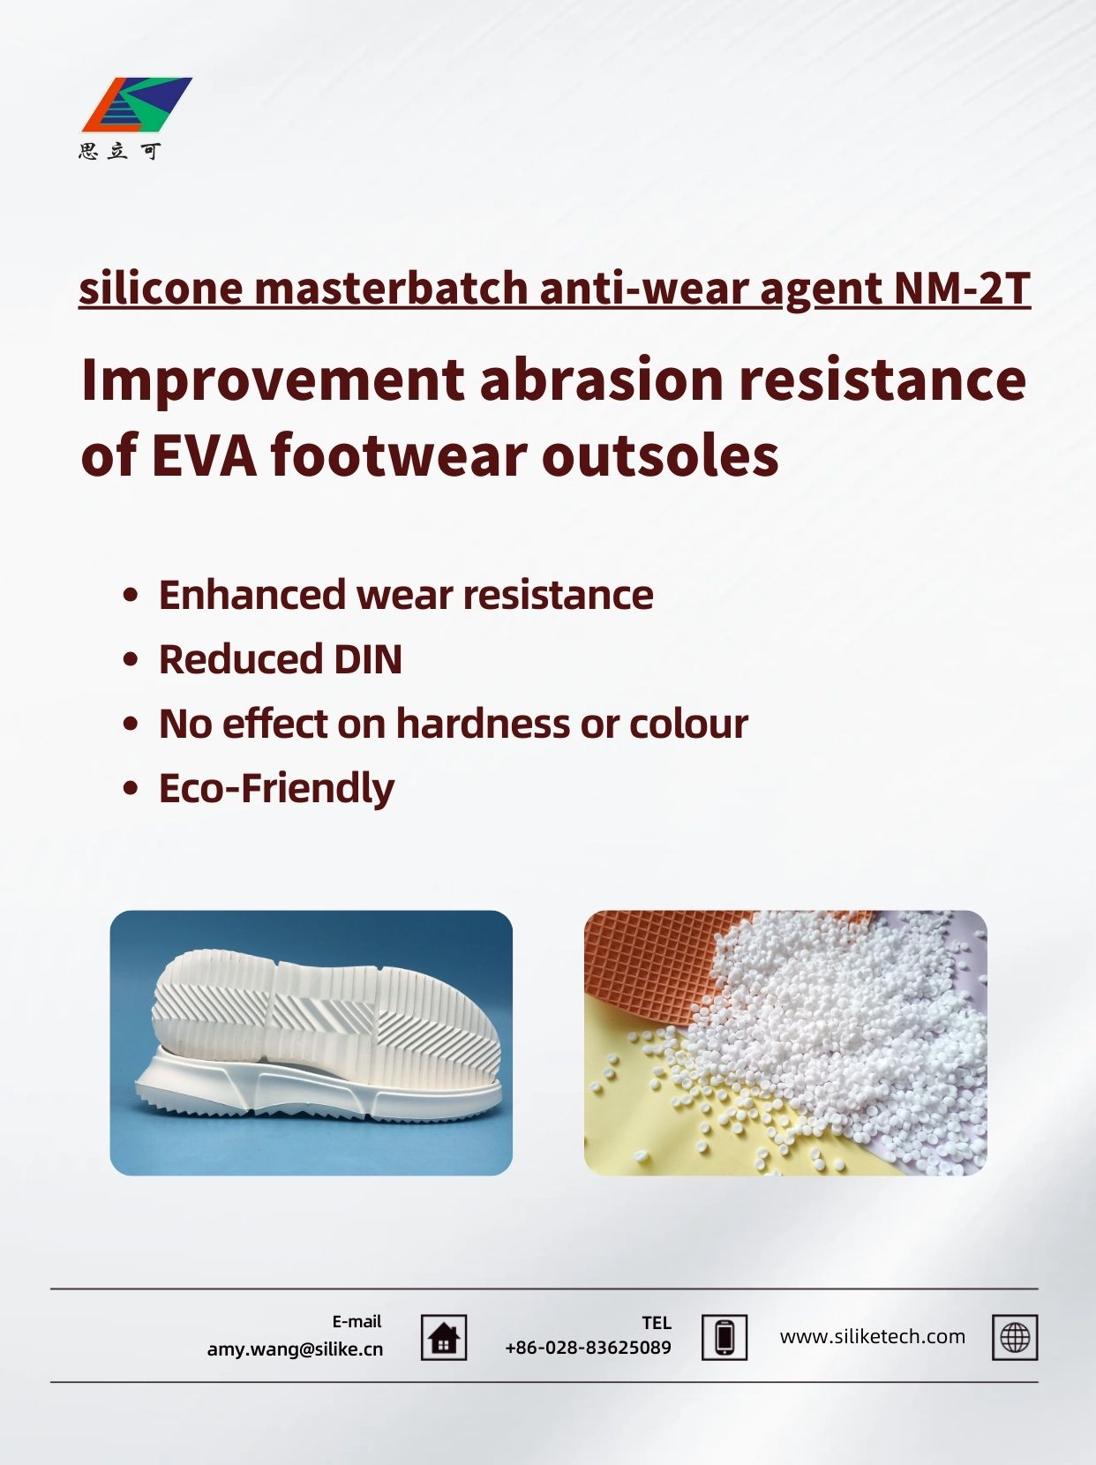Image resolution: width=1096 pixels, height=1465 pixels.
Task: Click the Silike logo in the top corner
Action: pyautogui.click(x=137, y=105)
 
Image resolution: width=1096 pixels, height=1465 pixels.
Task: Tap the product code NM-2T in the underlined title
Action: pyautogui.click(x=963, y=288)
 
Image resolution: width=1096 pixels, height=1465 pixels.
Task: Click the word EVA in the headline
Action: pyautogui.click(x=204, y=456)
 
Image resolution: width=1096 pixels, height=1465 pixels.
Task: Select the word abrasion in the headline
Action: pyautogui.click(x=601, y=379)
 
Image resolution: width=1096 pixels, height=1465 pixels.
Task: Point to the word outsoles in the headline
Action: pyautogui.click(x=660, y=456)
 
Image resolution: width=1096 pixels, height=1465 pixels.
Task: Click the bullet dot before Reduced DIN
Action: pyautogui.click(x=131, y=659)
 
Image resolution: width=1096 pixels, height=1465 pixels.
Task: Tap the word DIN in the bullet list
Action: pyautogui.click(x=368, y=659)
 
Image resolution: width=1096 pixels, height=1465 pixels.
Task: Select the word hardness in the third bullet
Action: pyautogui.click(x=483, y=724)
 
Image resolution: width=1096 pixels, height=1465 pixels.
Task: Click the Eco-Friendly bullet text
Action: pyautogui.click(x=276, y=788)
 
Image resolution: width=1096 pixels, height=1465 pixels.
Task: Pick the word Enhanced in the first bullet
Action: pyautogui.click(x=252, y=595)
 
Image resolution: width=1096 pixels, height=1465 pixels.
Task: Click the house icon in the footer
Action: pyautogui.click(x=444, y=1338)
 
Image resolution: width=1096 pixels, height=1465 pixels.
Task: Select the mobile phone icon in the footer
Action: pyautogui.click(x=724, y=1338)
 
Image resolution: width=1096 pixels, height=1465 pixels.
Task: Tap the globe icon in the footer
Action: pyautogui.click(x=1015, y=1338)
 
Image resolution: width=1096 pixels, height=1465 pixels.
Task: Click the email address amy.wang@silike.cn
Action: pyautogui.click(x=295, y=1349)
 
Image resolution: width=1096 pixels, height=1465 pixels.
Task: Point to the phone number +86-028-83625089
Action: pyautogui.click(x=588, y=1348)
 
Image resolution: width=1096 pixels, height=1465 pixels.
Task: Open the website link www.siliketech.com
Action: pyautogui.click(x=873, y=1337)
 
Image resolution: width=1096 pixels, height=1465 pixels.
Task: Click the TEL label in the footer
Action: pyautogui.click(x=657, y=1323)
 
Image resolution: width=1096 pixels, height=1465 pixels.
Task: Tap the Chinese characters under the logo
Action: pyautogui.click(x=119, y=152)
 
